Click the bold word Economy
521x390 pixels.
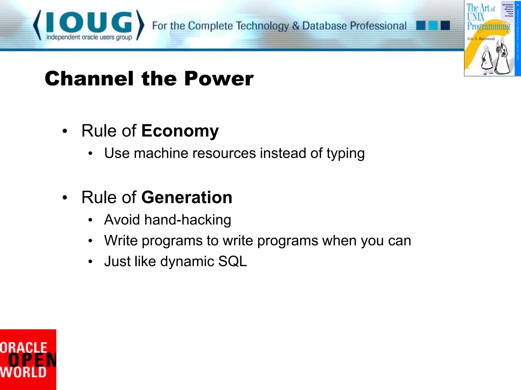180,131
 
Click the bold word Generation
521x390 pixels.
186,197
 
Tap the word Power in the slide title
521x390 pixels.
219,79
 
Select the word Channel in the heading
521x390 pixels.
89,79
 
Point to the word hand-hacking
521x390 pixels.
188,220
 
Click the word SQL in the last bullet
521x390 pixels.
232,262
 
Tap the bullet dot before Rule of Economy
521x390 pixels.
65,131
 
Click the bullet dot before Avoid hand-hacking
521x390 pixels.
90,220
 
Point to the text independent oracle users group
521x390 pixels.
89,37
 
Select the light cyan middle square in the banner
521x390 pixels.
433,26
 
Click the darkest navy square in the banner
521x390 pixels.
445,26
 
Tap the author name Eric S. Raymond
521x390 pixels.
481,39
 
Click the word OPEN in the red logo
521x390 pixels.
32,360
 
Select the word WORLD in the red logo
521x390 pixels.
23,372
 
